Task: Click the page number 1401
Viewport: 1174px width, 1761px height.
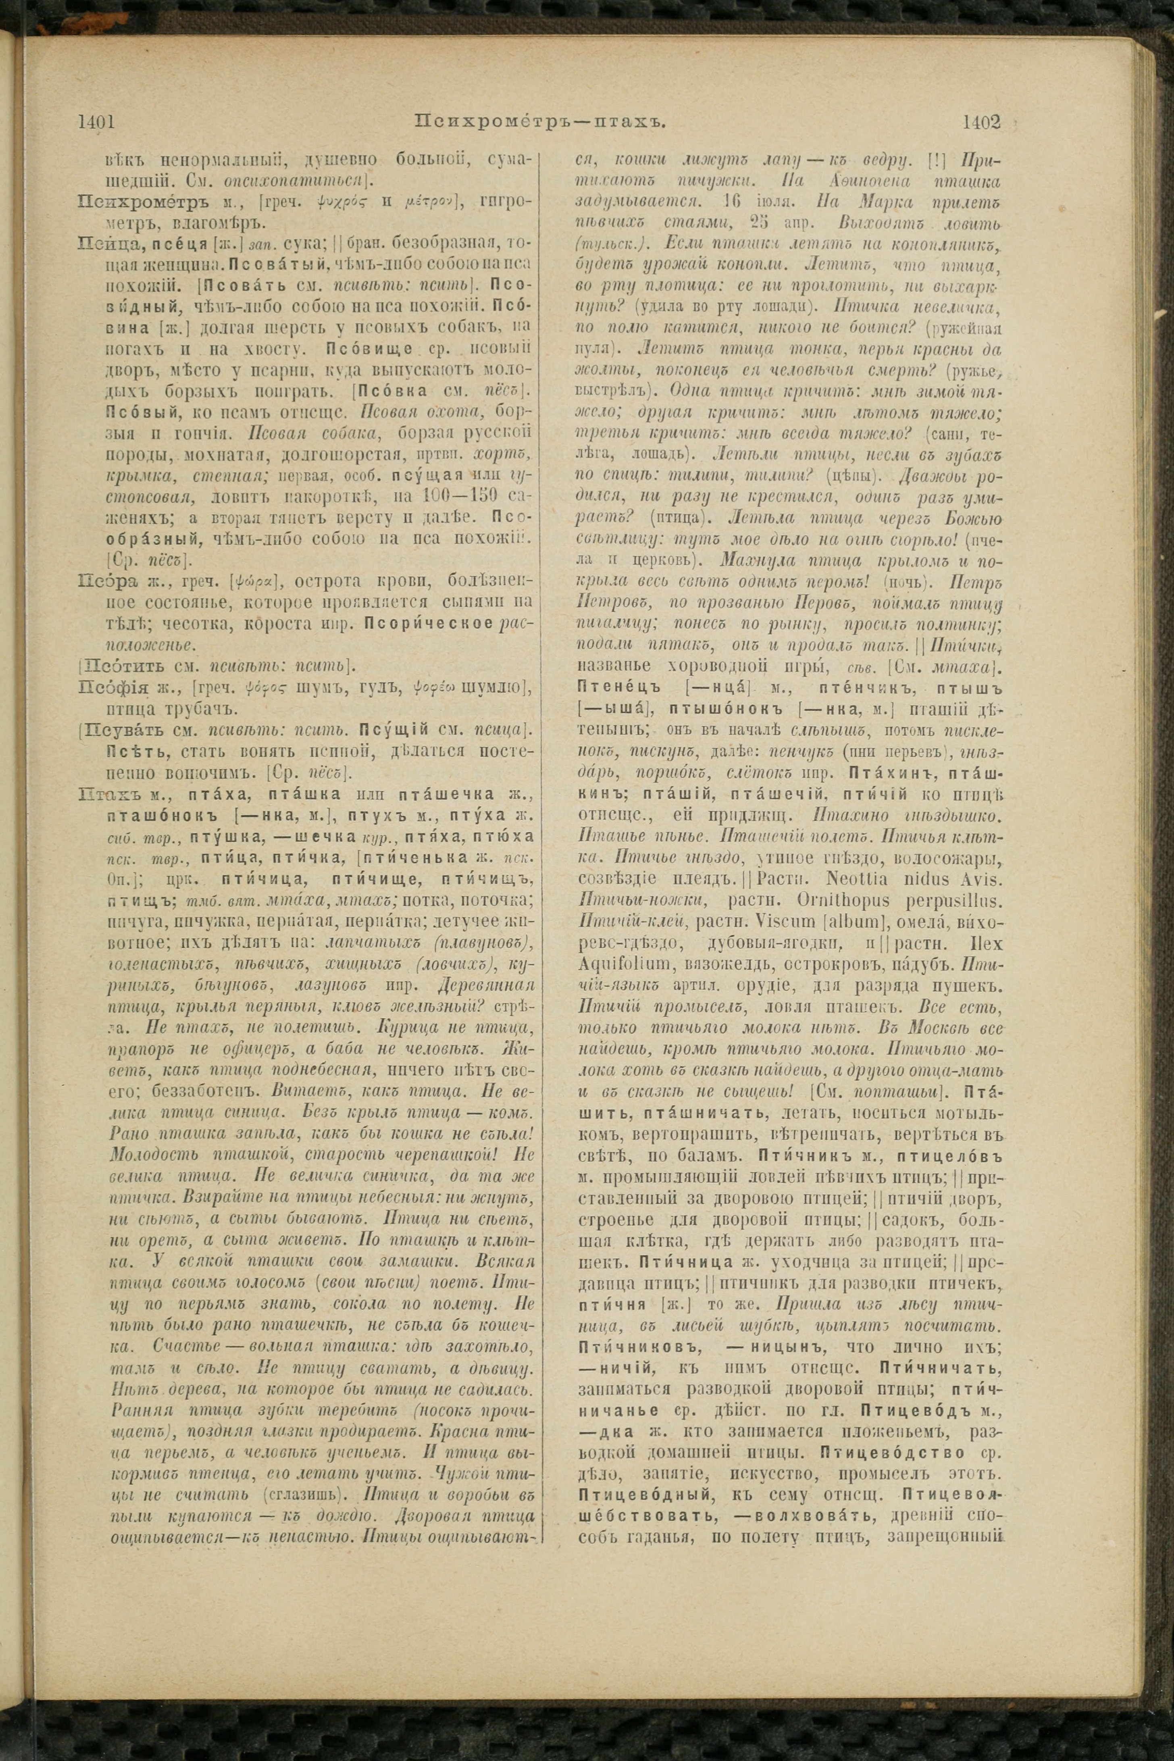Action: pos(95,121)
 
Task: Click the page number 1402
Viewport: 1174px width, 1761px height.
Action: pos(982,121)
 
